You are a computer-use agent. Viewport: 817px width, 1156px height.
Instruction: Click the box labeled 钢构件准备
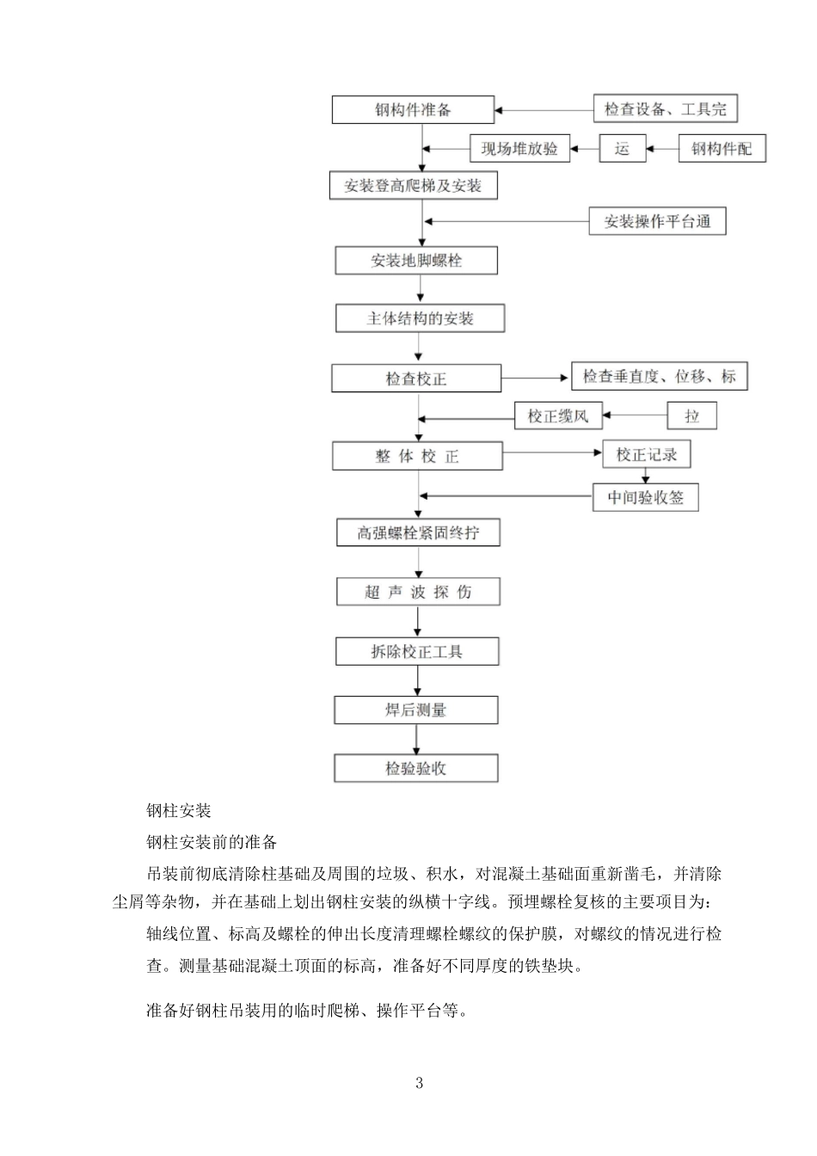click(x=413, y=110)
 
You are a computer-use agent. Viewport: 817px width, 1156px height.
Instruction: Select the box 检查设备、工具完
click(x=665, y=109)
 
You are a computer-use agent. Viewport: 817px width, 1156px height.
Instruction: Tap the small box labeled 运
click(x=622, y=149)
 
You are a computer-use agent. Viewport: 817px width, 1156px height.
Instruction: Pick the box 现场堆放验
click(x=519, y=149)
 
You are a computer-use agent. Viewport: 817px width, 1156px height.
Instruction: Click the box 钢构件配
click(x=721, y=149)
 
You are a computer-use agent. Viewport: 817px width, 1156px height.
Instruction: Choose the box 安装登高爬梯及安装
click(x=413, y=186)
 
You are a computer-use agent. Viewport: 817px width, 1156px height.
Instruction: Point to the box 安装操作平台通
click(x=657, y=222)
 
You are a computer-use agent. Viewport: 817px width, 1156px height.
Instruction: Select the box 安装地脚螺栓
click(x=416, y=261)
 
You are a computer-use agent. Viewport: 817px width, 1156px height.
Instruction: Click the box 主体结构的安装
click(x=420, y=319)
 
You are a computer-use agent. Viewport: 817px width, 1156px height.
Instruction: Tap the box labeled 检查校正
click(x=416, y=379)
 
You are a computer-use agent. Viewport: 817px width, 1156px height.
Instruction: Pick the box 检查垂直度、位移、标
click(x=659, y=377)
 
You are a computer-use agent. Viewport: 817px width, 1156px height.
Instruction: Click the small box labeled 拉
click(x=691, y=416)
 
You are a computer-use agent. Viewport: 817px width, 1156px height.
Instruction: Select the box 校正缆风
click(x=557, y=416)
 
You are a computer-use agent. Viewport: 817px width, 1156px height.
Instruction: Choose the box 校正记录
click(x=647, y=455)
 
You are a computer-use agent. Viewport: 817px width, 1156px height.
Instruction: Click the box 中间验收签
click(x=645, y=497)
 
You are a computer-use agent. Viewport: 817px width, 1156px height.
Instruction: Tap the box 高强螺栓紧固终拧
click(x=418, y=533)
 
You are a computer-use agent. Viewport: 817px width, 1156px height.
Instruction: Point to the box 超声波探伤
click(x=418, y=592)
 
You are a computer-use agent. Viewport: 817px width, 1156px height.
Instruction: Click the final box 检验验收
click(x=416, y=768)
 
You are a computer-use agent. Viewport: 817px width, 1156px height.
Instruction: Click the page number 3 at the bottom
click(x=419, y=1083)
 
